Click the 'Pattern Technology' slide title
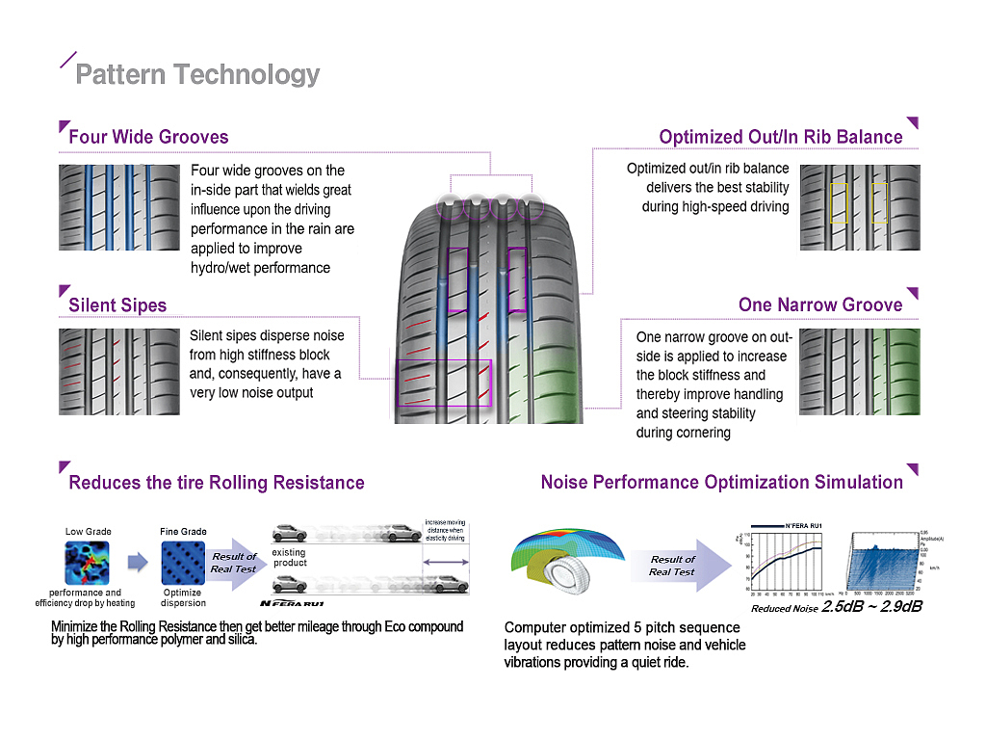click(x=197, y=74)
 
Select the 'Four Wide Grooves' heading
click(x=148, y=137)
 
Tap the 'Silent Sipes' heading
click(x=117, y=305)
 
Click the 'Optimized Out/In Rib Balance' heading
click(x=781, y=137)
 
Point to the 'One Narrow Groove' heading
click(x=820, y=304)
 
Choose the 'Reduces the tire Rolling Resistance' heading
click(x=217, y=483)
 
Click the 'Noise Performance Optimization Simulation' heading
click(x=722, y=482)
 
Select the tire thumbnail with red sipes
click(x=118, y=372)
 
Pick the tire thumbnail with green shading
click(x=860, y=372)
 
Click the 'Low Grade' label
click(x=88, y=531)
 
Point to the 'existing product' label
click(x=290, y=558)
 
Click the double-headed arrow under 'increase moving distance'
click(x=444, y=562)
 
